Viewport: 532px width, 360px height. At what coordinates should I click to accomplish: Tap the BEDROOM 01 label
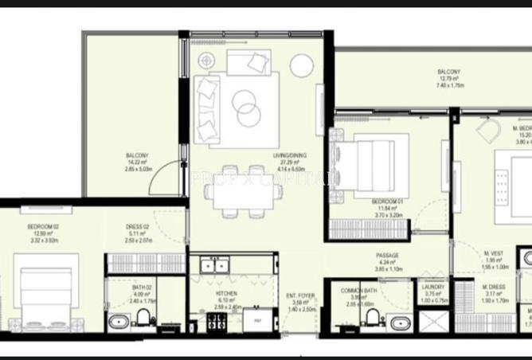pyautogui.click(x=388, y=202)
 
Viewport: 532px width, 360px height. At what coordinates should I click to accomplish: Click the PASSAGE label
pyautogui.click(x=388, y=256)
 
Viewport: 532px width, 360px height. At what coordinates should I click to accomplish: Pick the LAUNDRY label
pyautogui.click(x=435, y=288)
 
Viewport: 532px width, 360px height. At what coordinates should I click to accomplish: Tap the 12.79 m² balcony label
pyautogui.click(x=448, y=72)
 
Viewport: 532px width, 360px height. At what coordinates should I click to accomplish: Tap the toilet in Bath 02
pyautogui.click(x=143, y=319)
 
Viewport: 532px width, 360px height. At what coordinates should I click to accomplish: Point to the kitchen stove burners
pyautogui.click(x=215, y=322)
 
